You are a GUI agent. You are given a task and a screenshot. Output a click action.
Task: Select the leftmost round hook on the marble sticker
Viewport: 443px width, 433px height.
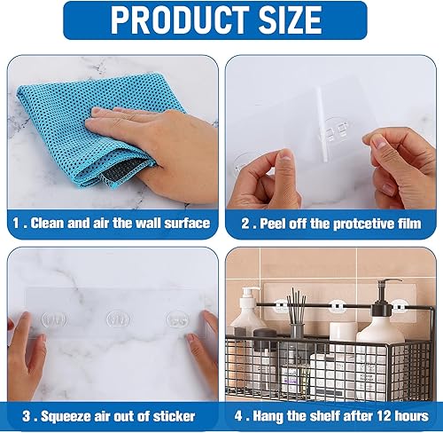tap(55, 319)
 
